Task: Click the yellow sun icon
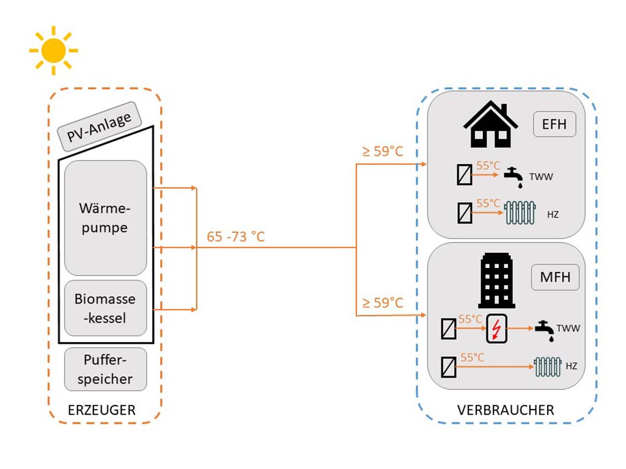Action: pyautogui.click(x=53, y=50)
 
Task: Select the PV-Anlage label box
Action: pyautogui.click(x=100, y=126)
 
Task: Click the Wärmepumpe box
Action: pyautogui.click(x=106, y=218)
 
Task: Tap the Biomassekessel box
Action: pyautogui.click(x=105, y=308)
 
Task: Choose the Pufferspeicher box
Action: pyautogui.click(x=105, y=369)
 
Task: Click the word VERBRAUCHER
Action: pyautogui.click(x=506, y=410)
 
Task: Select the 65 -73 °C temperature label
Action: pyautogui.click(x=235, y=236)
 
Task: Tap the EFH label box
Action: pyautogui.click(x=554, y=125)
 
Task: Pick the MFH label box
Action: pyautogui.click(x=555, y=277)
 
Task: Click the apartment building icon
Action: pyautogui.click(x=497, y=280)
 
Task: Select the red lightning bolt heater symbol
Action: pyautogui.click(x=496, y=331)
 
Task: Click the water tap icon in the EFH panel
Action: pyautogui.click(x=513, y=177)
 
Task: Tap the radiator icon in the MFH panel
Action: pyautogui.click(x=547, y=366)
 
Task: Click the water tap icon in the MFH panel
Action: pyautogui.click(x=544, y=330)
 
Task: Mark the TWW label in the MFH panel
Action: pyautogui.click(x=569, y=329)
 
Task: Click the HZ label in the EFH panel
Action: pyautogui.click(x=553, y=215)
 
